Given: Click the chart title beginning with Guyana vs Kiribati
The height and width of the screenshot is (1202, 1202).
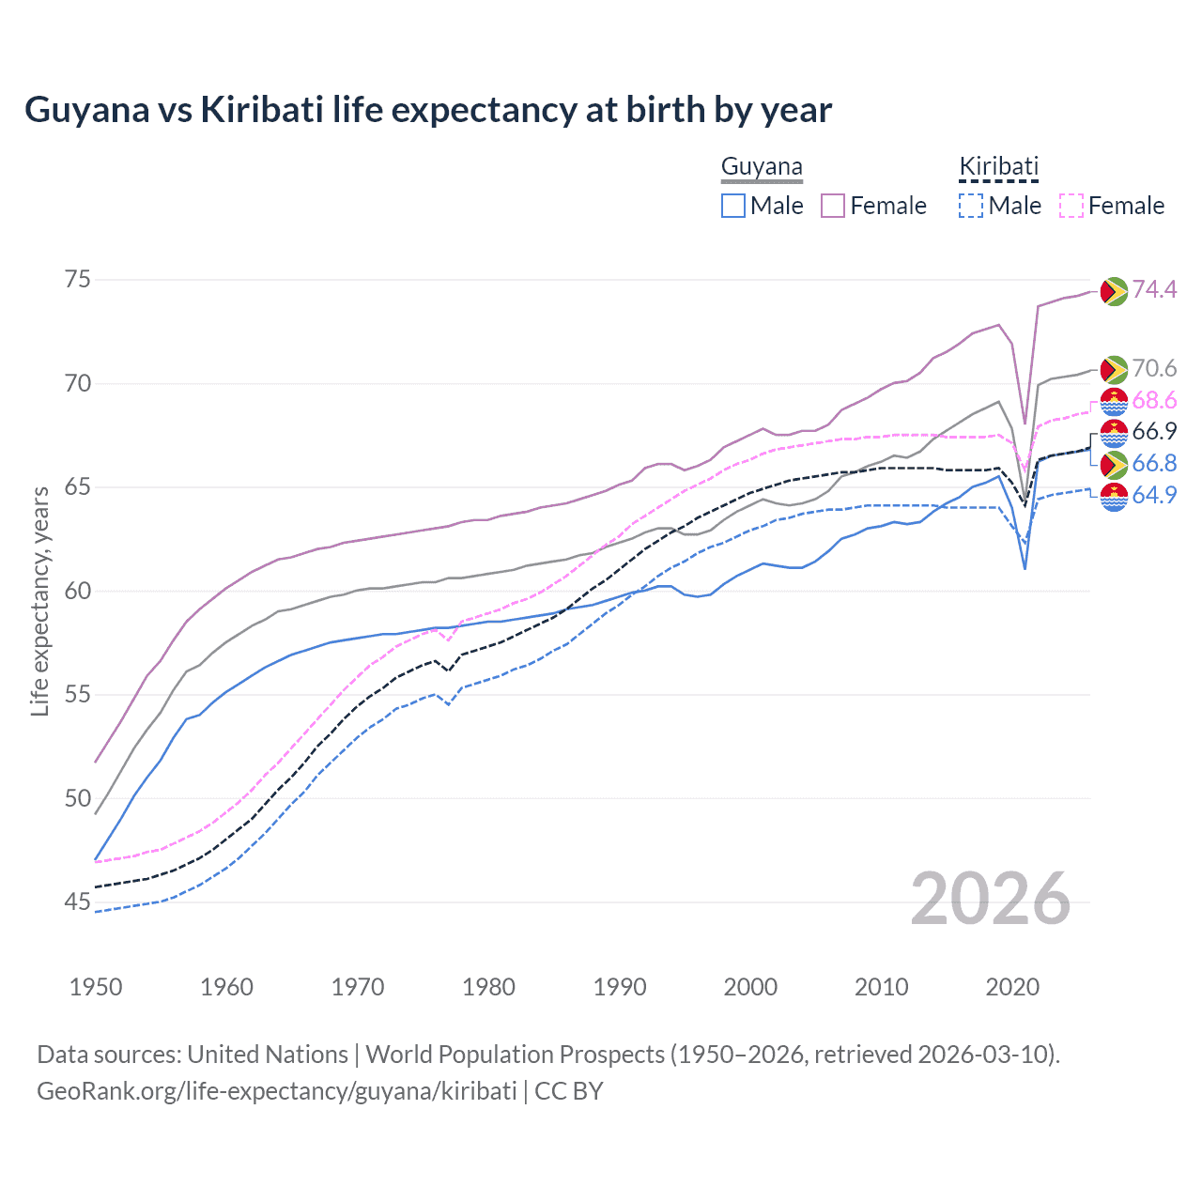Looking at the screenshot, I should pyautogui.click(x=428, y=110).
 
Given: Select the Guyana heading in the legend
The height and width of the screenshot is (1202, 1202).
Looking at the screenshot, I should pyautogui.click(x=762, y=167).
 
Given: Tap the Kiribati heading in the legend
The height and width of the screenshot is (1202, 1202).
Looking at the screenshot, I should pyautogui.click(x=998, y=167).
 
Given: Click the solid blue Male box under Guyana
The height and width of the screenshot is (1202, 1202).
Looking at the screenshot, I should pyautogui.click(x=733, y=206).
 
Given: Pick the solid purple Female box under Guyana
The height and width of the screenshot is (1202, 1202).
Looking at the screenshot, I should pyautogui.click(x=833, y=206).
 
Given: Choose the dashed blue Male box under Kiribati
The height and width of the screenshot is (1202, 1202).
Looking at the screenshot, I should pyautogui.click(x=971, y=206).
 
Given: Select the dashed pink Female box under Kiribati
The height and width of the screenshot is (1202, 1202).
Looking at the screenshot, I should pyautogui.click(x=1071, y=206).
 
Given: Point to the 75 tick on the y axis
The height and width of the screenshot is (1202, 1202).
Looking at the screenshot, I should pyautogui.click(x=78, y=280).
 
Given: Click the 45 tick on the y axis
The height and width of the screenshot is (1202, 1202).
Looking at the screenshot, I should pyautogui.click(x=78, y=902).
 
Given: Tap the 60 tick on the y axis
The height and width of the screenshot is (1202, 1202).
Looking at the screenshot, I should pyautogui.click(x=78, y=591).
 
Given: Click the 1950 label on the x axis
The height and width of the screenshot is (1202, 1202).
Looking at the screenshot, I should pyautogui.click(x=96, y=987).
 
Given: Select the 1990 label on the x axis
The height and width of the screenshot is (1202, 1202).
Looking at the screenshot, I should pyautogui.click(x=620, y=987).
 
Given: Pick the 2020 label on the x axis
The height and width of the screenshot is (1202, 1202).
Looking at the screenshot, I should pyautogui.click(x=1012, y=987).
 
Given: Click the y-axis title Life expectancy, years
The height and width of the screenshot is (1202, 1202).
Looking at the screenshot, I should pyautogui.click(x=40, y=601).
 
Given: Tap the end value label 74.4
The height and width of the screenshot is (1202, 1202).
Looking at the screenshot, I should pyautogui.click(x=1154, y=290).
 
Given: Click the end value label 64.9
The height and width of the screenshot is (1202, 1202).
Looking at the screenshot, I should pyautogui.click(x=1154, y=495).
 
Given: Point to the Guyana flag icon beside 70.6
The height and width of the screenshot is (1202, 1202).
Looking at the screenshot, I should pyautogui.click(x=1114, y=369).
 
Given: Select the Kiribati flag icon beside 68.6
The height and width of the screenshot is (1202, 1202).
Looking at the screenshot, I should pyautogui.click(x=1114, y=401).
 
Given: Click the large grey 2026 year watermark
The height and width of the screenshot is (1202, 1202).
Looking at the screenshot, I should pyautogui.click(x=991, y=899).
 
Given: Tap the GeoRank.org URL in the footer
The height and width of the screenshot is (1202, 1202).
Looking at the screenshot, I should pyautogui.click(x=277, y=1091).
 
